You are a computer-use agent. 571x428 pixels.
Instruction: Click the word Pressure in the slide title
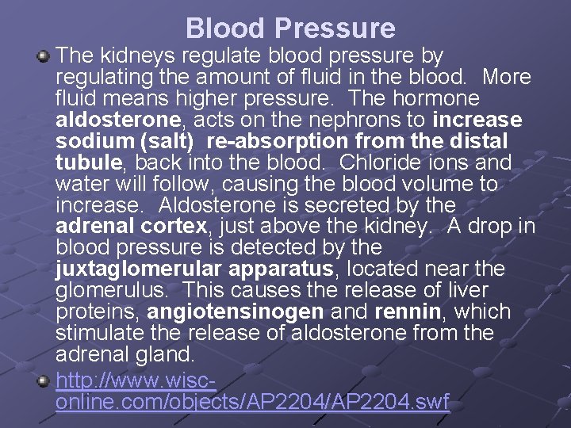click(x=335, y=29)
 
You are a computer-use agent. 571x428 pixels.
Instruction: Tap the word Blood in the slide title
click(x=226, y=29)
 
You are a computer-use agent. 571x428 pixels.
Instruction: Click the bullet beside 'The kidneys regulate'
click(x=45, y=56)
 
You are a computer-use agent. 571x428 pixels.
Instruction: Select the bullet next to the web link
click(x=45, y=381)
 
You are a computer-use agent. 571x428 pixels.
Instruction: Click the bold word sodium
click(x=87, y=142)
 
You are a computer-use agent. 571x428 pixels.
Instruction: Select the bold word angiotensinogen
click(x=235, y=311)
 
